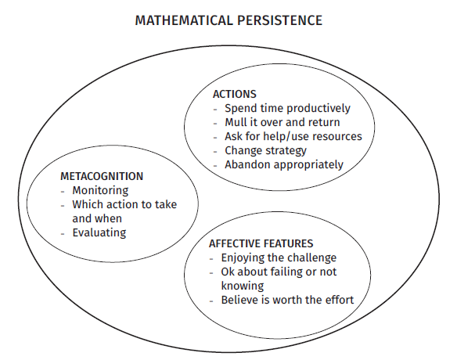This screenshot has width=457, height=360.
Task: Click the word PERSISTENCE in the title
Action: (x=279, y=20)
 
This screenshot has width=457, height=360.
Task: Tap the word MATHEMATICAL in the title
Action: (x=184, y=20)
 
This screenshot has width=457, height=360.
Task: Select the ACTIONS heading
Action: (x=235, y=94)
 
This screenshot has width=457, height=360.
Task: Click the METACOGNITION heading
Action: (x=102, y=176)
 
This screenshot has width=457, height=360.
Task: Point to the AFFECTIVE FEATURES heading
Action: (x=261, y=243)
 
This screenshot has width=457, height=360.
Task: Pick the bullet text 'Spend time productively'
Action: (x=287, y=109)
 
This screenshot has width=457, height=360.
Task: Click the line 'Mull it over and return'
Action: (x=282, y=122)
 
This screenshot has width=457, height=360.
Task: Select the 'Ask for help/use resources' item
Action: (x=293, y=136)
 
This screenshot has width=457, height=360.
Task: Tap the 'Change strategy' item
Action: (x=265, y=151)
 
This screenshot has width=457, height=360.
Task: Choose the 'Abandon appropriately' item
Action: (x=284, y=164)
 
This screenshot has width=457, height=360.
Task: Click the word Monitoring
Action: (x=100, y=191)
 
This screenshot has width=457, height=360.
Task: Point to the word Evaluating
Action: (x=99, y=233)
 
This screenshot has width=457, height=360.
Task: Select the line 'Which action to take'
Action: (x=124, y=204)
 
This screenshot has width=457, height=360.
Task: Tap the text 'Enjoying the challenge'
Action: (x=279, y=258)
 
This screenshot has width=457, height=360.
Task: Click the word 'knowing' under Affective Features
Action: (x=243, y=286)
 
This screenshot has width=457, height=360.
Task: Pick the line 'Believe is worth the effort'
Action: (x=287, y=300)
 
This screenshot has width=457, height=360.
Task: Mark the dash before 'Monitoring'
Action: (x=63, y=192)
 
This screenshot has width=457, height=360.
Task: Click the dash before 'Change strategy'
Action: (x=215, y=152)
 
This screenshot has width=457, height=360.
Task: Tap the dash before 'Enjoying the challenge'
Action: (x=211, y=259)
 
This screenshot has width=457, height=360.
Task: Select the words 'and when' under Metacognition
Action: (x=97, y=218)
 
